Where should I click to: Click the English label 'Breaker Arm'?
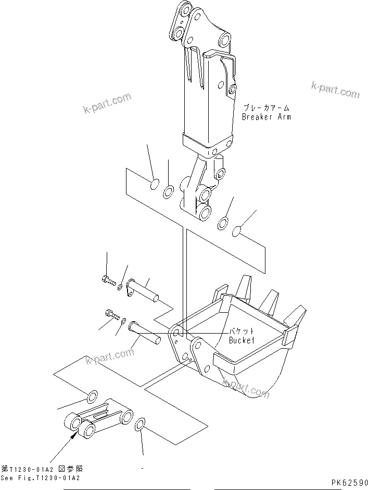coord(266,117)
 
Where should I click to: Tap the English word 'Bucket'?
coord(242,340)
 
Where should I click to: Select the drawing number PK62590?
coord(348,483)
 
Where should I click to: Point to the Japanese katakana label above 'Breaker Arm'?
coord(266,108)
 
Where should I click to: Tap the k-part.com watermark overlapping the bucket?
coord(246,388)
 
